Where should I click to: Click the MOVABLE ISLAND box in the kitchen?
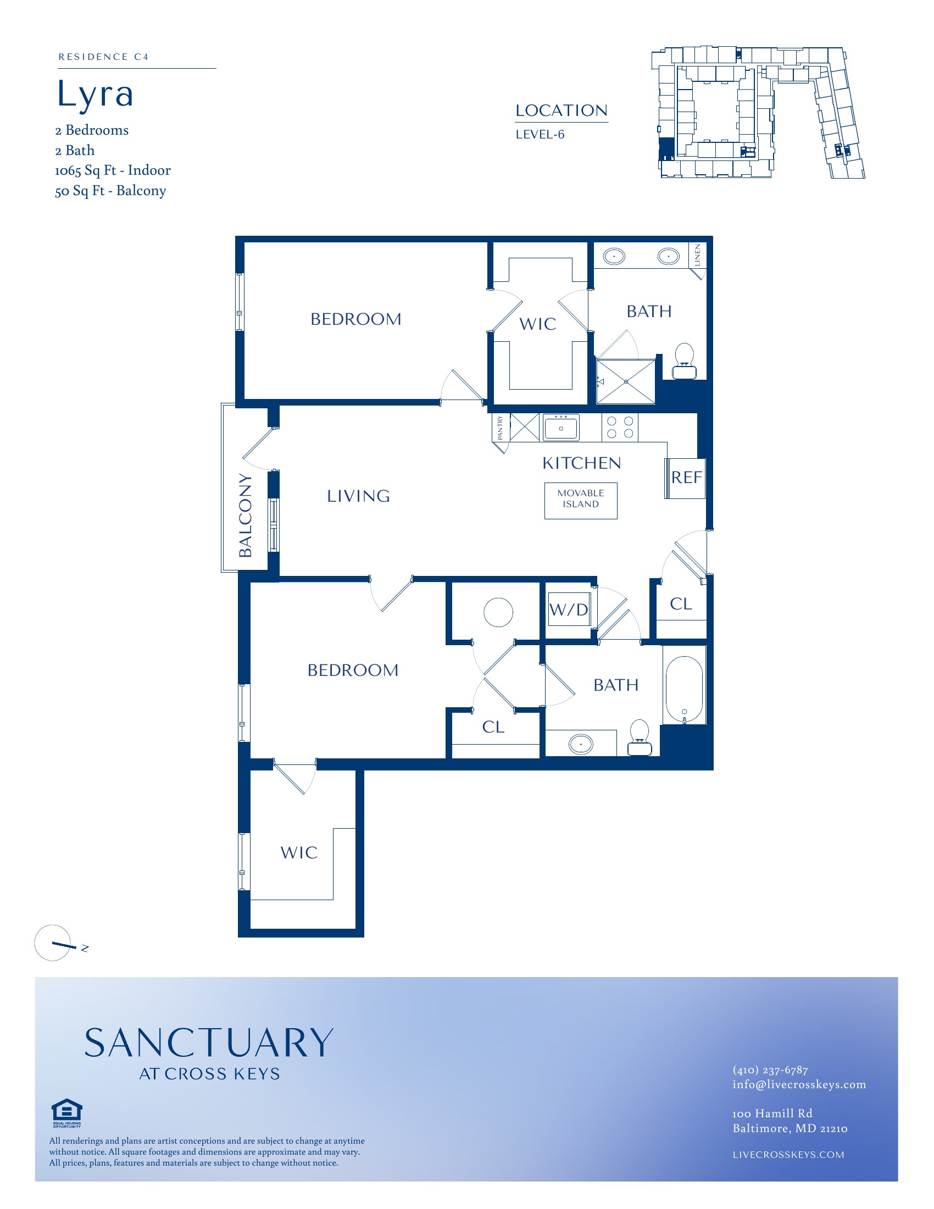pyautogui.click(x=580, y=501)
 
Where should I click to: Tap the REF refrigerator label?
pyautogui.click(x=687, y=477)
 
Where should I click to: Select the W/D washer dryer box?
pyautogui.click(x=569, y=609)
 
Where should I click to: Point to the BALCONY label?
pyautogui.click(x=245, y=515)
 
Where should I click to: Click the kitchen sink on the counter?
pyautogui.click(x=560, y=428)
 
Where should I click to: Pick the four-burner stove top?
pyautogui.click(x=620, y=428)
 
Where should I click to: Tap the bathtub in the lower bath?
pyautogui.click(x=685, y=690)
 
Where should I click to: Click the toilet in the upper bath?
pyautogui.click(x=685, y=361)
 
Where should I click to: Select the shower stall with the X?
pyautogui.click(x=626, y=381)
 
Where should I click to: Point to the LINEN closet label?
pyautogui.click(x=697, y=255)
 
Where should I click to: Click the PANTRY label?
pyautogui.click(x=500, y=428)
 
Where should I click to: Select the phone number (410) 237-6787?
pyautogui.click(x=770, y=1070)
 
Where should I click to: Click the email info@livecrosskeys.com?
pyautogui.click(x=799, y=1084)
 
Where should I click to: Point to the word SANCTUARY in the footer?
pyautogui.click(x=209, y=1043)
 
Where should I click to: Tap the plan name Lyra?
pyautogui.click(x=95, y=93)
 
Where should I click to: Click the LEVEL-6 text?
pyautogui.click(x=540, y=135)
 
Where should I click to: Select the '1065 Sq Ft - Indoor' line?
pyautogui.click(x=113, y=170)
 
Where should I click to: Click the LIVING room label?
pyautogui.click(x=359, y=496)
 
